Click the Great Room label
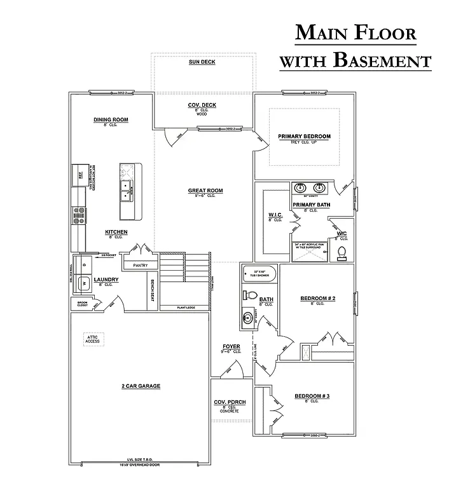[205, 191]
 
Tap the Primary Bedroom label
[304, 137]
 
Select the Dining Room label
[111, 119]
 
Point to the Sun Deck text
[202, 62]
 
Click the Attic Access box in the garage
[93, 339]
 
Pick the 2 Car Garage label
[141, 386]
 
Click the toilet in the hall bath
[251, 296]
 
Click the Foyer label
[231, 347]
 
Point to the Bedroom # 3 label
[312, 396]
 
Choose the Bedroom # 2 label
[317, 298]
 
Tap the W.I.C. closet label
[275, 215]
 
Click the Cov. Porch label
[230, 403]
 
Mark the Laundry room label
[106, 280]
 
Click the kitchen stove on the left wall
[79, 217]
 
